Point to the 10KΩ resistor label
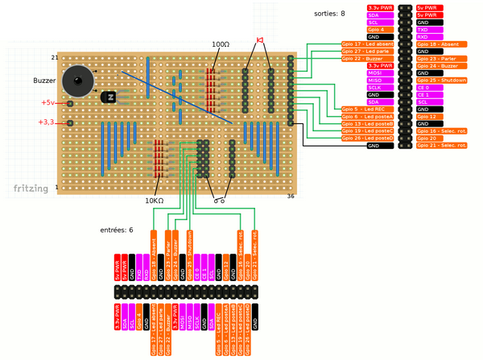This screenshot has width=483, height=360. tap(154, 201)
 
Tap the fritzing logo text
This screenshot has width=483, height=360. tap(31, 188)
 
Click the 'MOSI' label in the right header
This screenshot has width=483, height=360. tap(374, 73)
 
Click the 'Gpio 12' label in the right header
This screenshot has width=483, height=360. tap(427, 117)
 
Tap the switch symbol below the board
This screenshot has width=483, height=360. tap(217, 200)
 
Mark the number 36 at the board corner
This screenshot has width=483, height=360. tap(291, 196)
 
